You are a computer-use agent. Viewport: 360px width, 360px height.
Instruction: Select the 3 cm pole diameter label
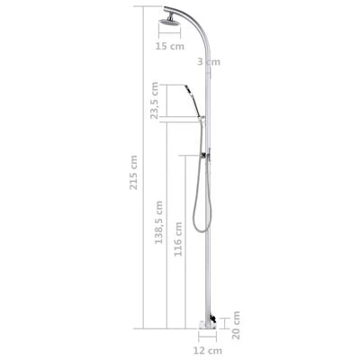point(207,60)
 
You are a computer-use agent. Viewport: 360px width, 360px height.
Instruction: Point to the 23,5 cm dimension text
point(156,101)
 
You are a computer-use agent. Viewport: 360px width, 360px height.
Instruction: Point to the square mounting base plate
point(204,321)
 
